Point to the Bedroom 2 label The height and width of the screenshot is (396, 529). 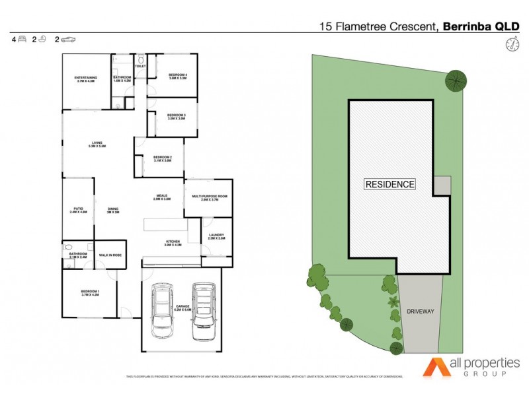click(x=163, y=158)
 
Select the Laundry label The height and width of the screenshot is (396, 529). click(x=216, y=236)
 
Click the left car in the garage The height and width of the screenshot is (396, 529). click(x=161, y=311)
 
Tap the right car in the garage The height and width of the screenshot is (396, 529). click(x=203, y=312)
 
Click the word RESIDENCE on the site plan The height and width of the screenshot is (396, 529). click(x=390, y=185)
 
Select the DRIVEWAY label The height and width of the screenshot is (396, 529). click(x=421, y=310)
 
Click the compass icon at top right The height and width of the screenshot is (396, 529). click(x=510, y=44)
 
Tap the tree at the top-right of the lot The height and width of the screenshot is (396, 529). click(x=454, y=80)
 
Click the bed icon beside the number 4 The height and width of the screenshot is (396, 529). click(x=22, y=40)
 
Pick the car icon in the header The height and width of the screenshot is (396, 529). click(x=69, y=40)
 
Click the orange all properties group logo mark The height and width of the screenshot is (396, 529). click(x=436, y=367)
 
